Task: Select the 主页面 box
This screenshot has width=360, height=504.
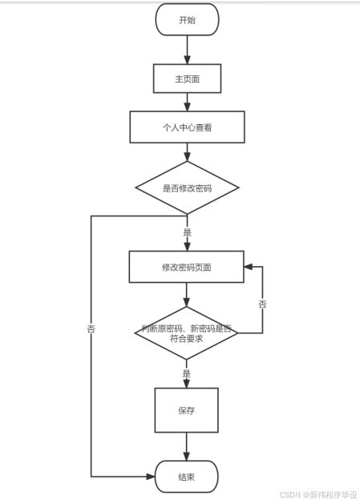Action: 187,79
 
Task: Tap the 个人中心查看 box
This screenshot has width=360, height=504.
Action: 187,126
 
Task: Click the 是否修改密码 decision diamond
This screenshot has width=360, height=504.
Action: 187,188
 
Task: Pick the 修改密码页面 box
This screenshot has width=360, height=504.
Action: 187,266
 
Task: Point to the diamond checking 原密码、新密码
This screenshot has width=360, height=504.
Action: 187,333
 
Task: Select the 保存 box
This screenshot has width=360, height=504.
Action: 187,409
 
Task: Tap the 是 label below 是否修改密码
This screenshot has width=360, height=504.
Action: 187,232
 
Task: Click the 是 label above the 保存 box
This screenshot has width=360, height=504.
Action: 187,373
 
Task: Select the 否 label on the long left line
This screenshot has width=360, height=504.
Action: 91,329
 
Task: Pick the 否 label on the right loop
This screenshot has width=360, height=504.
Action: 263,305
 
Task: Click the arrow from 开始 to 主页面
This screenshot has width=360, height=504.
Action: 187,50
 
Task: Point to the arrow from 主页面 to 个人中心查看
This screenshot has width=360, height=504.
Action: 187,102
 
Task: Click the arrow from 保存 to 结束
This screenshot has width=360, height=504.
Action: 187,446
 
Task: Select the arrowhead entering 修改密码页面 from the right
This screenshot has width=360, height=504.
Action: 249,266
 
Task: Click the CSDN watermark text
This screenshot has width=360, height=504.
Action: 317,494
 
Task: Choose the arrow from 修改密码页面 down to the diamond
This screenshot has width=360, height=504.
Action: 187,293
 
